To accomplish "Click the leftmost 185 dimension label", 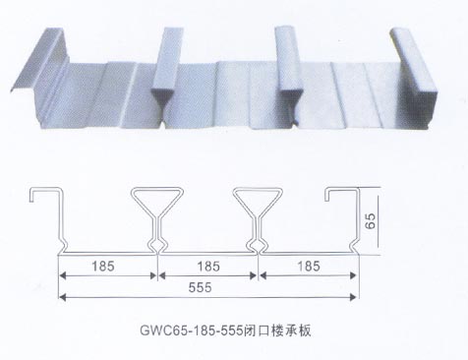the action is [108, 265].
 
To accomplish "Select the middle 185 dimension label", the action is [206, 265].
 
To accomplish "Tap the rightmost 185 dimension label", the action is [305, 265].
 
